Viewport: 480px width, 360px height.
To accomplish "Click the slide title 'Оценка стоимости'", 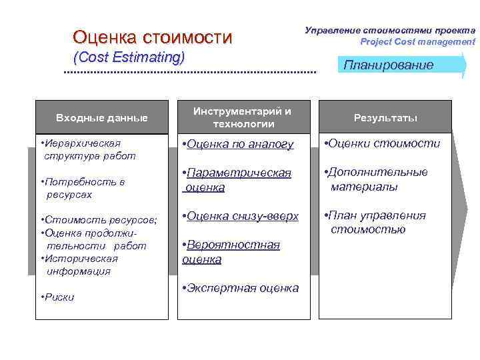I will click(x=153, y=37).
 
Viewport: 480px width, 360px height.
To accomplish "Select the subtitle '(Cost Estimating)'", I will click(x=129, y=57).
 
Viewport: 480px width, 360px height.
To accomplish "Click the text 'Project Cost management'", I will click(x=417, y=41).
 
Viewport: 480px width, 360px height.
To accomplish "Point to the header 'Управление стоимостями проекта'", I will click(x=390, y=30).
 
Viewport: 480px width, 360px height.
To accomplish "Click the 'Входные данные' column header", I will click(x=101, y=118).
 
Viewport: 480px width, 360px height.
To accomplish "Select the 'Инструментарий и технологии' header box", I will click(x=243, y=117).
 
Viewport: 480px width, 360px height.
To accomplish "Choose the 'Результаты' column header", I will click(x=385, y=118).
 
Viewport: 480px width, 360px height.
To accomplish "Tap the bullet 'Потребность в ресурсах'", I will click(x=83, y=188).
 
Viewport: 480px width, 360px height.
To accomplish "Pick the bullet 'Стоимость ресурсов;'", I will click(x=98, y=220).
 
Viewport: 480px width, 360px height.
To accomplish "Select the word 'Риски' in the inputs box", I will click(x=59, y=297).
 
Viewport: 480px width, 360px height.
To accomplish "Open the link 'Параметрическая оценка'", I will click(x=237, y=180).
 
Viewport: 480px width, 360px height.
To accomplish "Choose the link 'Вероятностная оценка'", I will click(x=232, y=252).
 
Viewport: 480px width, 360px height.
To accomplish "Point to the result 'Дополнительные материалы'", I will click(x=376, y=179).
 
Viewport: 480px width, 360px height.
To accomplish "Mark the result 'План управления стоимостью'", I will click(x=375, y=223).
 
